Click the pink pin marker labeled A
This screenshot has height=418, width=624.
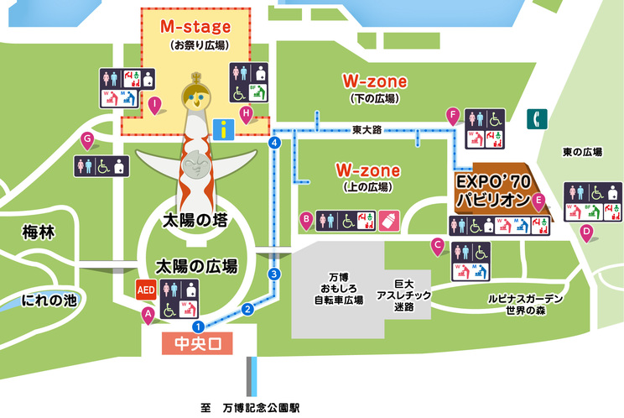coord(148,315)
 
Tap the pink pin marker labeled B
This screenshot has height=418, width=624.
coord(307,219)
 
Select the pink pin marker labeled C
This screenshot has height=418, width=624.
coord(437,245)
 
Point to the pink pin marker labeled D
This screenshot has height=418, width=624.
coord(587,231)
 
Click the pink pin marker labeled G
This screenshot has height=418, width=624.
coord(86,139)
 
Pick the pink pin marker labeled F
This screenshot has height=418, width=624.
coord(453,115)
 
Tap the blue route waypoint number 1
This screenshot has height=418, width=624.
coord(198,326)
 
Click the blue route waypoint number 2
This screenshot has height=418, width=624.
coord(247,309)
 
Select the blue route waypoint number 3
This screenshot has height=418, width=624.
coord(273,274)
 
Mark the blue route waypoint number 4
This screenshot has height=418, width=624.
coord(273,144)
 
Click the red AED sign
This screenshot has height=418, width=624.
coord(146,290)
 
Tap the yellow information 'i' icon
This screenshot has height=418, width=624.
coord(223,128)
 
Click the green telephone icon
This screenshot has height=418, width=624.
coord(533,119)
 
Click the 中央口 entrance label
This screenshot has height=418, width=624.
coord(195,344)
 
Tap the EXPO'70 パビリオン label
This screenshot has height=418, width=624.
coord(493,191)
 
